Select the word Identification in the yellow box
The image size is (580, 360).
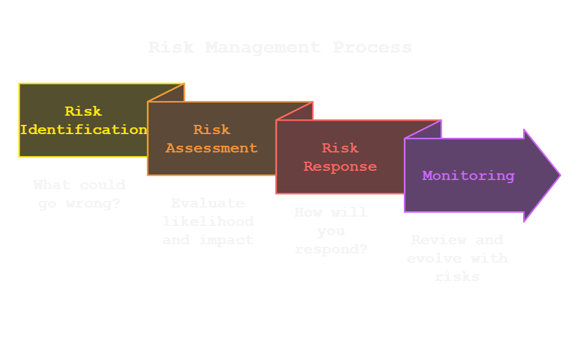pos(83,130)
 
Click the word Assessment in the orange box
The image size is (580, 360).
pos(212,148)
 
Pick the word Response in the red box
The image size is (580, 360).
pos(340,167)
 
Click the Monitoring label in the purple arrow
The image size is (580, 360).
pos(468,176)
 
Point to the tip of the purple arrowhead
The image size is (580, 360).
pos(559,175)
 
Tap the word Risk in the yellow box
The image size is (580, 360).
pos(83,111)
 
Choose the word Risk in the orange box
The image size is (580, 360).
pos(212,130)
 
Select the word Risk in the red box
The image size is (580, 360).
pos(340,148)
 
